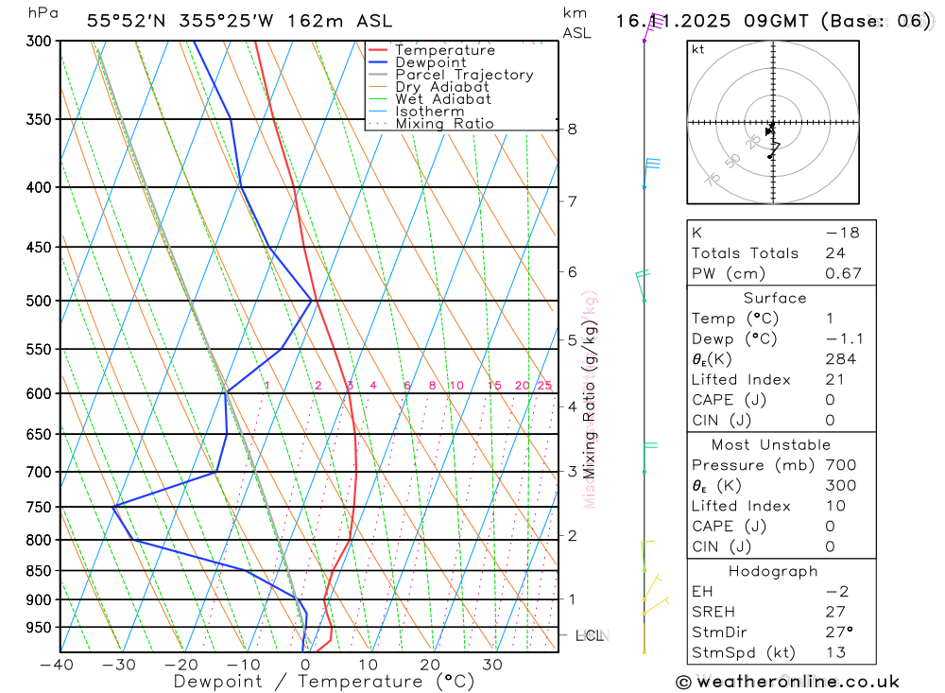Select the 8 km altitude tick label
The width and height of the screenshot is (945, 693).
point(573,129)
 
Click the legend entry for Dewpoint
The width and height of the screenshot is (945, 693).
point(430,62)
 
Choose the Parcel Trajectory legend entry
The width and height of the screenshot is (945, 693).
point(464,75)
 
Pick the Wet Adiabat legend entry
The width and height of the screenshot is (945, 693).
point(442,99)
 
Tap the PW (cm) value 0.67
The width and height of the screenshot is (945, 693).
point(843,274)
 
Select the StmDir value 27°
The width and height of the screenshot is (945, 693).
point(838,632)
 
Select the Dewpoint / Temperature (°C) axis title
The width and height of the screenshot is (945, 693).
point(324,681)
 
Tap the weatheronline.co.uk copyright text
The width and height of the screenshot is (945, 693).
point(787,682)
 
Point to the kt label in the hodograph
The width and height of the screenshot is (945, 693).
point(698,50)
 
